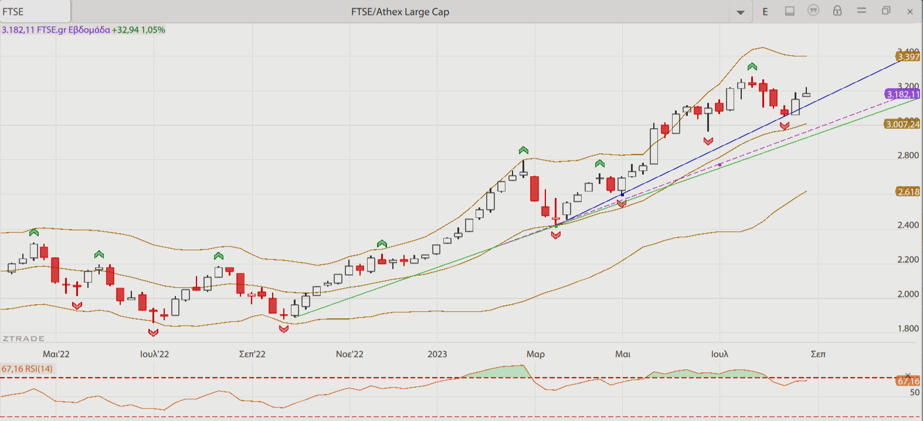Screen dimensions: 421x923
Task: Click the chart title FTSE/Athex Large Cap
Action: click(x=400, y=12)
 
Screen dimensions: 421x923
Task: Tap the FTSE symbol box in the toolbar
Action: click(x=35, y=12)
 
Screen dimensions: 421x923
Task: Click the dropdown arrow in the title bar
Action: click(x=741, y=12)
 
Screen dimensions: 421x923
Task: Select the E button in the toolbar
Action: click(x=765, y=12)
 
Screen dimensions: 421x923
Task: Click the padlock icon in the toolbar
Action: click(x=837, y=11)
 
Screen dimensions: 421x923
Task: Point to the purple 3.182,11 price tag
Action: click(x=902, y=95)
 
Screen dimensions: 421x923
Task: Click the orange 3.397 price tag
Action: click(x=908, y=57)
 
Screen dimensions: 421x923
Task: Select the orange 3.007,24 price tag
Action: click(x=902, y=124)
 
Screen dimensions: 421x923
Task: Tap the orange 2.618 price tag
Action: click(x=908, y=192)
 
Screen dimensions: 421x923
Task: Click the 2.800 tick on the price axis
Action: click(x=908, y=156)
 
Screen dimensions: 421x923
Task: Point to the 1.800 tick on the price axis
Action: click(x=908, y=329)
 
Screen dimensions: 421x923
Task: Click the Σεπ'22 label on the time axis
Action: click(x=252, y=354)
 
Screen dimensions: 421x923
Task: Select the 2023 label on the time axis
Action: click(x=437, y=354)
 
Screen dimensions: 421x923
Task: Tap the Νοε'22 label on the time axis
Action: click(x=349, y=354)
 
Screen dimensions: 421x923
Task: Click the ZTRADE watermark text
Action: click(x=23, y=339)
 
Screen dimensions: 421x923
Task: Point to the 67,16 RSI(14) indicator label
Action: click(x=27, y=369)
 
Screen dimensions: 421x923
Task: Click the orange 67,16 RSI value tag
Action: click(x=908, y=382)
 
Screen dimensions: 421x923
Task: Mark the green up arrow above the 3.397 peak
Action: click(x=752, y=67)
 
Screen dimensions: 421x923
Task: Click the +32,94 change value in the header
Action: click(x=125, y=30)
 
